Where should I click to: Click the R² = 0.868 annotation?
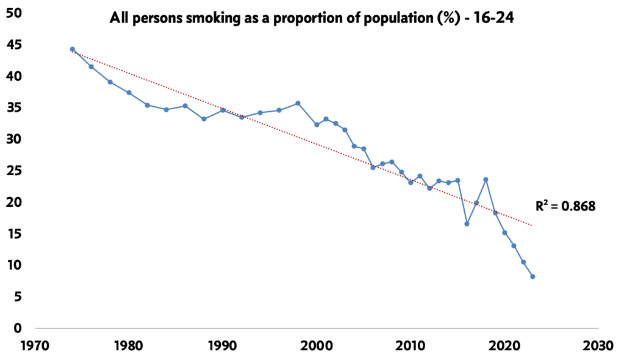(565, 206)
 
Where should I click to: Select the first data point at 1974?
(72, 49)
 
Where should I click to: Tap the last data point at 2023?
(533, 276)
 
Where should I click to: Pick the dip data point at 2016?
(467, 223)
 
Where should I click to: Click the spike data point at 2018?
(486, 179)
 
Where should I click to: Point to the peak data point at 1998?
(298, 103)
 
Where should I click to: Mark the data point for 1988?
(204, 118)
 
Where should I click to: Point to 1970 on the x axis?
(35, 345)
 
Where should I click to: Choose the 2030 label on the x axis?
(598, 345)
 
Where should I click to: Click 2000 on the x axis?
(317, 345)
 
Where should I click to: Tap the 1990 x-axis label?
(223, 345)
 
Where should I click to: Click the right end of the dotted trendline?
(532, 226)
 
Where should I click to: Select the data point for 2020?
(504, 232)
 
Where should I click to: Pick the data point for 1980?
(129, 92)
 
